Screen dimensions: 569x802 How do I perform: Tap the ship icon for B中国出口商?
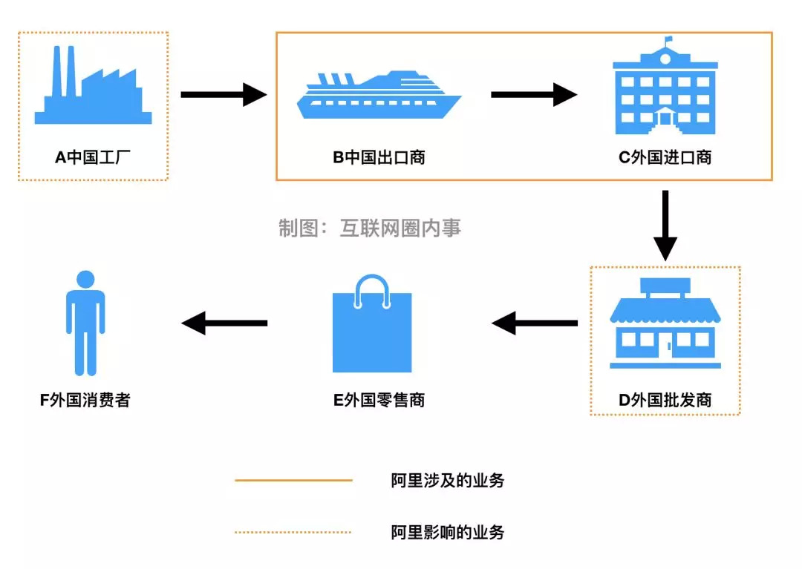point(379,96)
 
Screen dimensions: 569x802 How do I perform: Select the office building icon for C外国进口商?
point(665,89)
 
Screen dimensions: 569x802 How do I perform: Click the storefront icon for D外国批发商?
point(665,326)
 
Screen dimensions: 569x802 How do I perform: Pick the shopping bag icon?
point(371,326)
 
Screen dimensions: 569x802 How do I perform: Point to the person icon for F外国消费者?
point(85,323)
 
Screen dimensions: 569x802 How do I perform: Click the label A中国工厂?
point(93,157)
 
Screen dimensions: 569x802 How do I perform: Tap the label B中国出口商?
point(379,157)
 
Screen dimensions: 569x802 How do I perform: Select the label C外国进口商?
point(665,157)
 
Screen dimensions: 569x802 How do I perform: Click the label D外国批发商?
point(665,401)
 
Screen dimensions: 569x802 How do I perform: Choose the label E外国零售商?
point(379,401)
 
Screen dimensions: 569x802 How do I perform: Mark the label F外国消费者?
point(85,401)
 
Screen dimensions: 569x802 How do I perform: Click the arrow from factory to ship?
point(223,94)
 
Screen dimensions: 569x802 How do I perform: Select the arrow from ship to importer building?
point(533,94)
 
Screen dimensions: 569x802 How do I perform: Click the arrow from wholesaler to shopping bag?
point(535,323)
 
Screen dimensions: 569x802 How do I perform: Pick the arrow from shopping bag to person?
point(224,323)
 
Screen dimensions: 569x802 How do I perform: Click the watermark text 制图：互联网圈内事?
point(370,228)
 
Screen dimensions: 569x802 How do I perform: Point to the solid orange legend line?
point(293,481)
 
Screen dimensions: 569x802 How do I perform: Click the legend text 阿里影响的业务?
point(448,532)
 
